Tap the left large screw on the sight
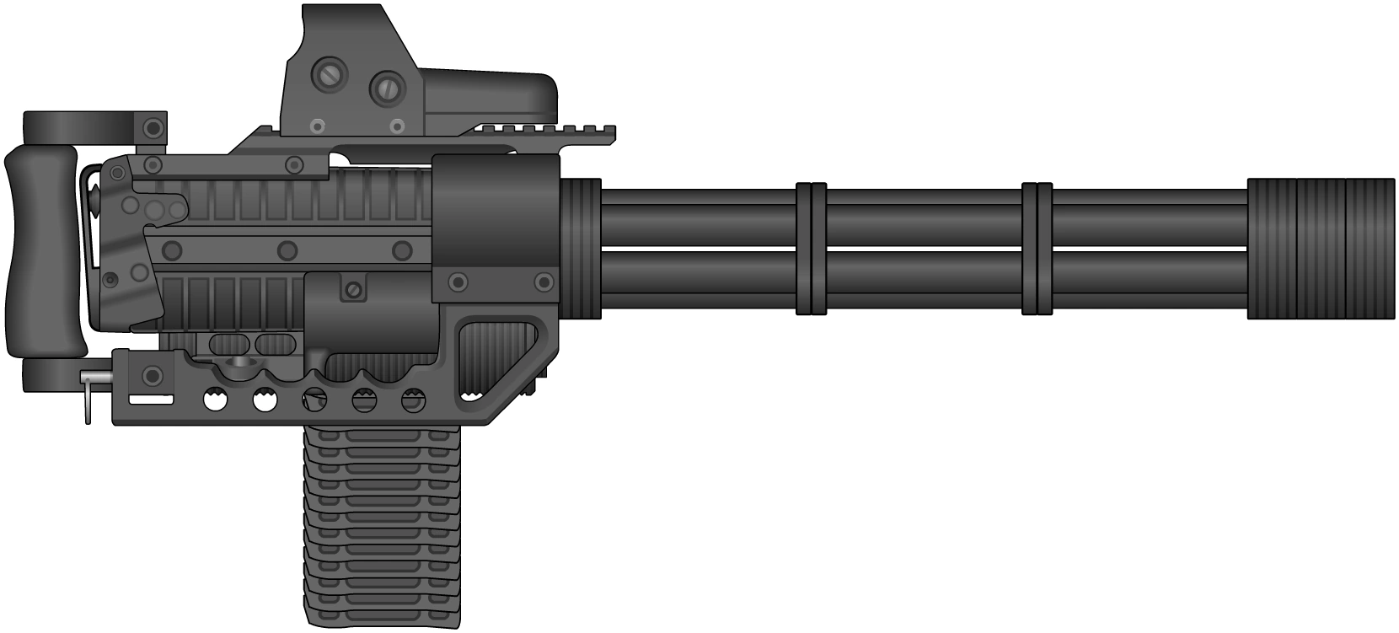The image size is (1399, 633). tap(327, 75)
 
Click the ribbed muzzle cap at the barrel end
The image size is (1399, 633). tap(1320, 249)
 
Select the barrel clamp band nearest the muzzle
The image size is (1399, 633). tap(1037, 249)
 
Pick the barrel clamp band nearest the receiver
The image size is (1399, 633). tap(811, 249)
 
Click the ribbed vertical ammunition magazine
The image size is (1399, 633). tap(382, 527)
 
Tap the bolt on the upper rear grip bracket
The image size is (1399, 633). tap(153, 128)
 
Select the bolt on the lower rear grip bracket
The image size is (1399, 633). tap(153, 375)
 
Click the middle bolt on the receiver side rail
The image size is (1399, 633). tap(287, 250)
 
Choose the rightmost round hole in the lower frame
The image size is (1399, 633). tap(413, 401)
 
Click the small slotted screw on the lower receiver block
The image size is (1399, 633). tap(354, 290)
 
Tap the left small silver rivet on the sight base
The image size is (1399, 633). tap(316, 126)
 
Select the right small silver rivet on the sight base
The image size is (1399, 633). tap(396, 126)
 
